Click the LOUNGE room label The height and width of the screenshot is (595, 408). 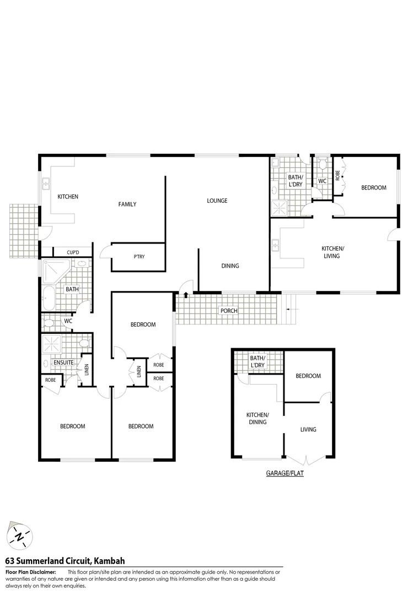pyautogui.click(x=217, y=201)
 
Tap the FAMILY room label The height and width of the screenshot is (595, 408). pyautogui.click(x=127, y=204)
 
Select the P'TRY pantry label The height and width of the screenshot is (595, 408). pyautogui.click(x=139, y=256)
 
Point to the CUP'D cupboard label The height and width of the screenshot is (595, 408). pyautogui.click(x=73, y=252)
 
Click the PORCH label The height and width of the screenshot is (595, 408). pyautogui.click(x=229, y=311)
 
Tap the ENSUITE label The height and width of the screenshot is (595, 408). pyautogui.click(x=63, y=363)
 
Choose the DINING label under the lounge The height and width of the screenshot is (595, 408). pyautogui.click(x=230, y=266)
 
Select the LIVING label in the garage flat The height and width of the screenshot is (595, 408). pyautogui.click(x=308, y=429)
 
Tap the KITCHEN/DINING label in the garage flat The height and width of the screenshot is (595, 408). pyautogui.click(x=257, y=418)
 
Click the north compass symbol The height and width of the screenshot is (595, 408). pyautogui.click(x=20, y=535)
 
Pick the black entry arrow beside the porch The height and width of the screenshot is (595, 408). pyautogui.click(x=186, y=295)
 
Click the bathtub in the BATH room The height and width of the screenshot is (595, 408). pyautogui.click(x=47, y=297)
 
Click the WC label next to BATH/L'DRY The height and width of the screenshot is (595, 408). pyautogui.click(x=322, y=181)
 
